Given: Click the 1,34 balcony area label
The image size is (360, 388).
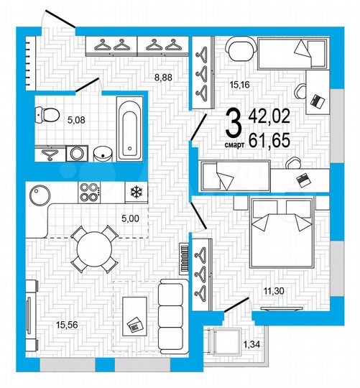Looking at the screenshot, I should (x=252, y=345).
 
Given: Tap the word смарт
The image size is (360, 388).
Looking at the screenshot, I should (x=234, y=143).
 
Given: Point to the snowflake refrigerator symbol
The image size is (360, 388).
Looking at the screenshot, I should (x=135, y=191).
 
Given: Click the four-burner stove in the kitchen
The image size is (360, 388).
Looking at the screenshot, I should (x=89, y=192).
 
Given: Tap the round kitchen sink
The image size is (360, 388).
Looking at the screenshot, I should (x=38, y=193).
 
